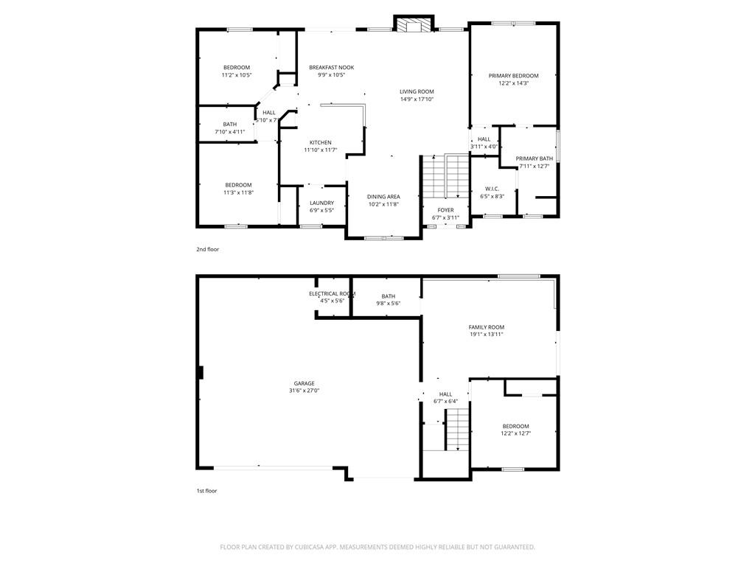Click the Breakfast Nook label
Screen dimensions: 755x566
(331, 67)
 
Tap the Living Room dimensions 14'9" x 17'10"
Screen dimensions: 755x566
(417, 99)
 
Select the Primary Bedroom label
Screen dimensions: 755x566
(513, 76)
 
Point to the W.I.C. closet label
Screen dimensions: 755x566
(492, 189)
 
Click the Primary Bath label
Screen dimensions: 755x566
(534, 159)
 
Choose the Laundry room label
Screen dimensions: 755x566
(321, 203)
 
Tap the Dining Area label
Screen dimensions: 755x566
(383, 196)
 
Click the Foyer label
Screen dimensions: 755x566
(445, 210)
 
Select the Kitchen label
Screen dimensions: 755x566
(320, 142)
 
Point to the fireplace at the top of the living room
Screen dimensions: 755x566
(414, 24)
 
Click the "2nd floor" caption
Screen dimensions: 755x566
(207, 249)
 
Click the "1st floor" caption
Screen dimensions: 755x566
(206, 491)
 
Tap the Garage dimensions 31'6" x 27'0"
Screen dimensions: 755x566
(304, 391)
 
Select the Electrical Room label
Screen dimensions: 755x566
(333, 293)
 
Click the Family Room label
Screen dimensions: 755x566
(487, 326)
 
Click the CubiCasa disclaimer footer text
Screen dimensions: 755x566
(377, 547)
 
